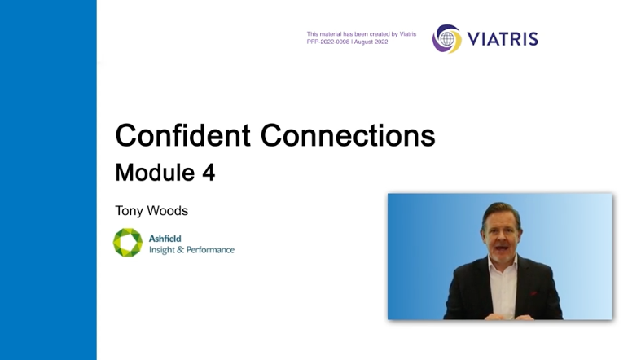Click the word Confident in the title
click(182, 135)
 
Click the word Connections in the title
click(348, 135)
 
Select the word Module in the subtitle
click(155, 173)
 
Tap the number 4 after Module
click(209, 173)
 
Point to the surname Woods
click(167, 211)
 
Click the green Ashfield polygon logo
click(128, 243)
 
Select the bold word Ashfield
click(165, 239)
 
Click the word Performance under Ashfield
click(210, 250)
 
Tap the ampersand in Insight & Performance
click(180, 250)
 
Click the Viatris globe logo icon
click(447, 39)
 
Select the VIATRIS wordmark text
click(503, 39)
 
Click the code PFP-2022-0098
click(328, 42)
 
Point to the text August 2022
click(371, 42)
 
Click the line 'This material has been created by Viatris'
click(362, 34)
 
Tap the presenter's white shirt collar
click(503, 264)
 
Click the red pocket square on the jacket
click(533, 293)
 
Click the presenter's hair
click(501, 211)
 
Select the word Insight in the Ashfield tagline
click(162, 250)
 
